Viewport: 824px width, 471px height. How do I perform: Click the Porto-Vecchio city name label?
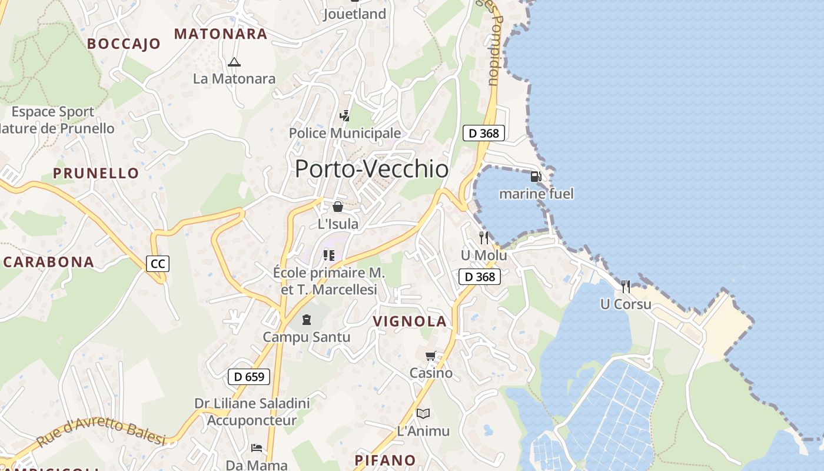[371, 169]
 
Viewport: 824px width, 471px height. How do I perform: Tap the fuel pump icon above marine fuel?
[536, 176]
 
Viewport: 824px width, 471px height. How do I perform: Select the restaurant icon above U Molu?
[484, 238]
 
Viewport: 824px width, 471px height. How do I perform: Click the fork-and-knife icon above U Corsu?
[626, 287]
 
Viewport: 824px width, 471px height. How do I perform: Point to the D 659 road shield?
[248, 377]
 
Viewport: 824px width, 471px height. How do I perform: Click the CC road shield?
[158, 264]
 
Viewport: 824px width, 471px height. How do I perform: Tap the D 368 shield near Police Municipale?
[484, 133]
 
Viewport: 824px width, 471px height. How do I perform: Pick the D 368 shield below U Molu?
[479, 277]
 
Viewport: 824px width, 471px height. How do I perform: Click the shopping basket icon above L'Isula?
[338, 207]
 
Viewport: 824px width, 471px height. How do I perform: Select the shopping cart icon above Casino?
[431, 356]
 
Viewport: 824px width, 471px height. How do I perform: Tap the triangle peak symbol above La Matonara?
[234, 62]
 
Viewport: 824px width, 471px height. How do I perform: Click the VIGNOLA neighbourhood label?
[410, 321]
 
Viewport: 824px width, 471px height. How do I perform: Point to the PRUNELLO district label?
[96, 173]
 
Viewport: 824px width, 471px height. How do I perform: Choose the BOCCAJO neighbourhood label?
[124, 44]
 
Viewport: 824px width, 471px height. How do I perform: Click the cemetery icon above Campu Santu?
[306, 320]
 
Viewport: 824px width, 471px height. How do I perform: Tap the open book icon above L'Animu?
[423, 413]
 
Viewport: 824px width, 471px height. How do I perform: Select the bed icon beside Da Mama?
[256, 448]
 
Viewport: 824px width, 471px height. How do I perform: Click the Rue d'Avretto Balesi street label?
[101, 432]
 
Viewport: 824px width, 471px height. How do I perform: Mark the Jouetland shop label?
[354, 14]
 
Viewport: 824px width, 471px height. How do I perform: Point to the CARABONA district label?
[49, 262]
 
